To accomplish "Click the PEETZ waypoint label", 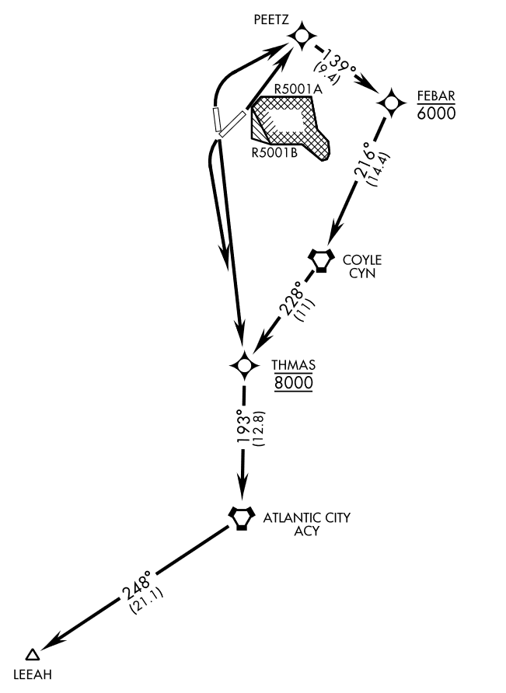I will pyautogui.click(x=271, y=17).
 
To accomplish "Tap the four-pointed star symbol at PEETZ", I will pyautogui.click(x=302, y=35).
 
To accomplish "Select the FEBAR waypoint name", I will pyautogui.click(x=435, y=96).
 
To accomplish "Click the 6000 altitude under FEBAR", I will pyautogui.click(x=435, y=113).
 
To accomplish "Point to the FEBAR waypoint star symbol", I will pyautogui.click(x=390, y=102).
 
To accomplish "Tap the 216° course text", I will pyautogui.click(x=362, y=161).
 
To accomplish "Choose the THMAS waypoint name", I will pyautogui.click(x=292, y=364).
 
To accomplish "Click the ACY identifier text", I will pyautogui.click(x=307, y=531).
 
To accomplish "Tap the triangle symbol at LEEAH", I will pyautogui.click(x=32, y=655).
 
